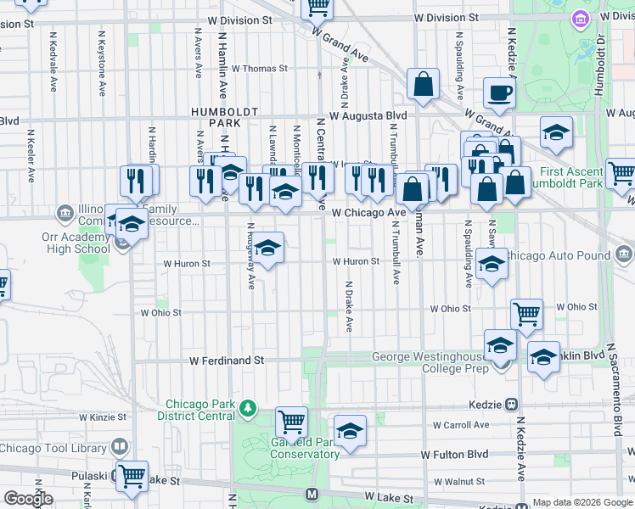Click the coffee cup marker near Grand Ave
click(x=499, y=92)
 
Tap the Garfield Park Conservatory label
click(x=305, y=448)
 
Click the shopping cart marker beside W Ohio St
click(x=526, y=314)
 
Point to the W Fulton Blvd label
click(x=456, y=455)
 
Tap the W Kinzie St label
click(x=103, y=417)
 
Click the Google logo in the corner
click(x=28, y=499)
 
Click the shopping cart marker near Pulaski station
click(x=132, y=476)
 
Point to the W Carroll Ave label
click(x=461, y=425)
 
